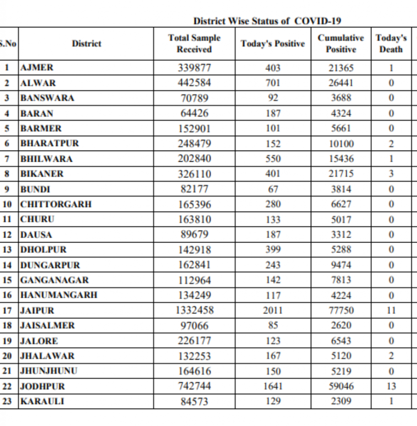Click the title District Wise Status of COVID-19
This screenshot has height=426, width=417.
click(267, 21)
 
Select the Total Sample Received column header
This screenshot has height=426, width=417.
click(194, 44)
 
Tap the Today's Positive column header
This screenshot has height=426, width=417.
click(273, 44)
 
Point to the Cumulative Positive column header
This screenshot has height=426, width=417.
click(341, 44)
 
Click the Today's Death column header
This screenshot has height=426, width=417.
click(391, 44)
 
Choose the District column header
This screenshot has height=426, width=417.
click(86, 44)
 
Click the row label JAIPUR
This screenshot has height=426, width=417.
click(37, 311)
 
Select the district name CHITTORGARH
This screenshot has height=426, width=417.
click(56, 204)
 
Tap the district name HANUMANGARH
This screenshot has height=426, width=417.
click(59, 295)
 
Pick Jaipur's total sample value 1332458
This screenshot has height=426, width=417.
click(195, 310)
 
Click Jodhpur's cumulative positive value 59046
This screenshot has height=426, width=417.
click(341, 386)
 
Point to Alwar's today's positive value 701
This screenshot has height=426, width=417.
click(273, 83)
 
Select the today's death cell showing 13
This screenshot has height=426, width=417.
click(391, 386)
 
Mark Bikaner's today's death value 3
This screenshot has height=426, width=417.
click(391, 174)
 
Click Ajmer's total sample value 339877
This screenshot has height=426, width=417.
click(195, 67)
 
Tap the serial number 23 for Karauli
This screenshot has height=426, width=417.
click(7, 402)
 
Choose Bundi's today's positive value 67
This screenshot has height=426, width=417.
click(273, 189)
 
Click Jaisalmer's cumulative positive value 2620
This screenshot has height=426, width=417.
click(341, 326)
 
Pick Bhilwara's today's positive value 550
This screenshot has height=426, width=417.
click(273, 159)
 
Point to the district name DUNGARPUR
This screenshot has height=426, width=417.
click(50, 265)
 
